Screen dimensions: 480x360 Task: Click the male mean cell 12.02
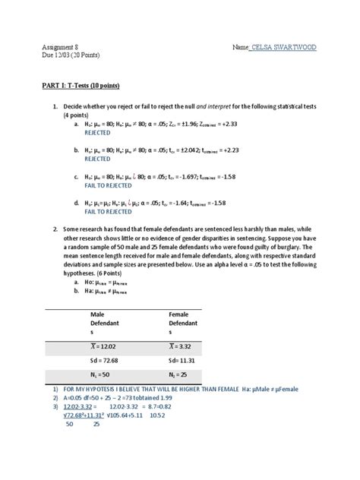tap(107, 346)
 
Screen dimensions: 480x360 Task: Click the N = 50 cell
tap(102, 375)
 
